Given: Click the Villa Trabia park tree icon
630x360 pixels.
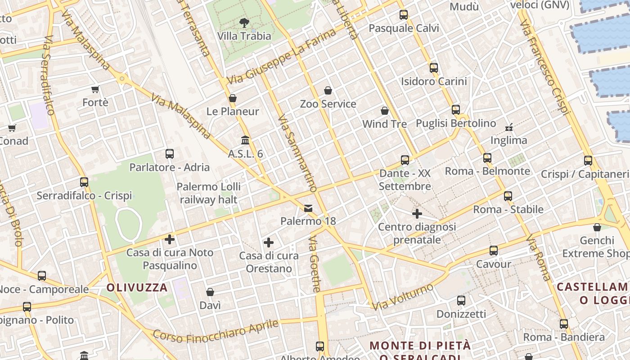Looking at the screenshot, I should (x=244, y=22).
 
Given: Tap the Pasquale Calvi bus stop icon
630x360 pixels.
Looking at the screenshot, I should (x=404, y=15).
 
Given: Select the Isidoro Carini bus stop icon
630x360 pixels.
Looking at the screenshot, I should (x=434, y=68).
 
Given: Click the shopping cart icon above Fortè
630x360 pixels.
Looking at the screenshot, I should (x=95, y=89).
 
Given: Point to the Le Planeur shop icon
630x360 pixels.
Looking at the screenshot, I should (x=233, y=98).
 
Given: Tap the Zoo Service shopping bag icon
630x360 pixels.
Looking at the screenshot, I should (x=328, y=90).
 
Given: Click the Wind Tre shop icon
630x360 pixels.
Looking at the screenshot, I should (x=385, y=110).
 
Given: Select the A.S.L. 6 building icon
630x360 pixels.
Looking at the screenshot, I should (x=245, y=140).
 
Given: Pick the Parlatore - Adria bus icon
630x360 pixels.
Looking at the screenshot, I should (x=170, y=154).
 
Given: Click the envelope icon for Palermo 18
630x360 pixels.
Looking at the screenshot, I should (x=308, y=208).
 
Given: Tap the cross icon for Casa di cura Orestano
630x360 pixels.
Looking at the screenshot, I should (x=269, y=243).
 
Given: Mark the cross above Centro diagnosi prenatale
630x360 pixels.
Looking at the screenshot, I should (x=417, y=213).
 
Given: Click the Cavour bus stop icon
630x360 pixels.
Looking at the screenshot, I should (x=494, y=251).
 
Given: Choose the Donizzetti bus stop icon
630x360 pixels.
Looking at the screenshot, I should (x=461, y=301).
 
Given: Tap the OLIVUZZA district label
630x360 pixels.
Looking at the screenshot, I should (x=137, y=287).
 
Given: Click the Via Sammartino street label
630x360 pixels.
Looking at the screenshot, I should (x=297, y=153).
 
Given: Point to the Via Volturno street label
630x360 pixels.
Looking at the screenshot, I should (x=403, y=297).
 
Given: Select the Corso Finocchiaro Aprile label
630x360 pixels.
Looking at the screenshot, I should (x=216, y=331).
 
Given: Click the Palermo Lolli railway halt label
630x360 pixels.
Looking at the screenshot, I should (x=208, y=193).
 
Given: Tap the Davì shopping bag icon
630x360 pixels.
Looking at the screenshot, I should (x=210, y=292).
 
